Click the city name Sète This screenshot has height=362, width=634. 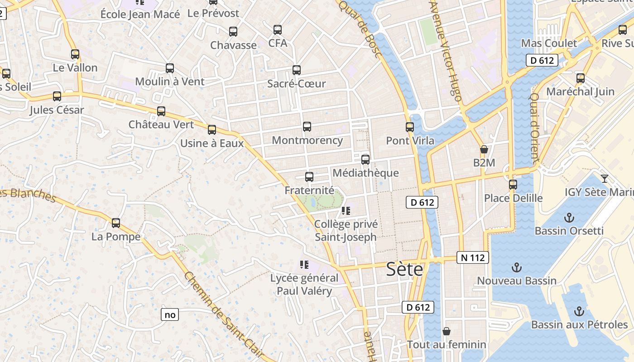pos(404,269)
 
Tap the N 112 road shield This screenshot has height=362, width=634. pos(473,258)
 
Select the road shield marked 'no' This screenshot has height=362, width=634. pos(170,314)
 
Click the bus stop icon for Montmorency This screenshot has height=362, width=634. pos(307,127)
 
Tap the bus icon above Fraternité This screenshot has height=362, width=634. pos(309,177)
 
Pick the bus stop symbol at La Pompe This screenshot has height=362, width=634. pos(116,223)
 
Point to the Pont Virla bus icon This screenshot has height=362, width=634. pos(410,127)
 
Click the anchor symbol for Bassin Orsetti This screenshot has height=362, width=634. pos(569,218)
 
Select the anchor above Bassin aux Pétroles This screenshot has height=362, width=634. pos(579,311)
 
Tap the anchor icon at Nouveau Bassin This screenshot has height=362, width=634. pos(517,267)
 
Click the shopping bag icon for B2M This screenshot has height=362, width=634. pos(484,149)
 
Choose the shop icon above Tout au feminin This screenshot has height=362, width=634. pos(447,331)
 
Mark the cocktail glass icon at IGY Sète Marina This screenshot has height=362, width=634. pos(605,178)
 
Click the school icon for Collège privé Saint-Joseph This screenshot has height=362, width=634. pos(346,210)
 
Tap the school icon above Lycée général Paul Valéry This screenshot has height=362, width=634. pos(304,264)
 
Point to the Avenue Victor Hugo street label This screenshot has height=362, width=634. pos(446,50)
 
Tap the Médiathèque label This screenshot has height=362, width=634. pos(365,173)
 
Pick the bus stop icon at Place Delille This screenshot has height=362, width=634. pos(513,185)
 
